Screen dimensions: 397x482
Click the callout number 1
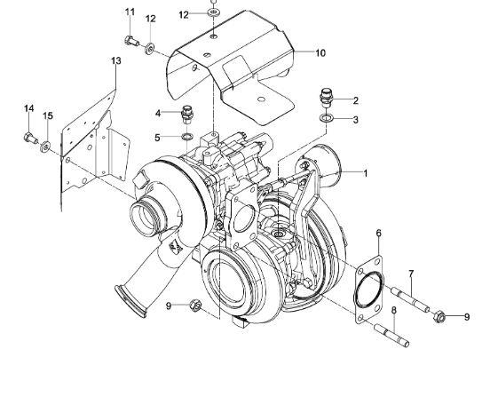pos(363,174)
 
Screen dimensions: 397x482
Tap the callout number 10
pos(320,53)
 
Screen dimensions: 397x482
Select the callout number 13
pos(115,60)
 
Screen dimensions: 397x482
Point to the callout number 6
pos(378,234)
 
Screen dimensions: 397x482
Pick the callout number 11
pos(130,12)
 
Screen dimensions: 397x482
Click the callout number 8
pos(393,309)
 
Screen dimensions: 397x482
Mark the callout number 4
pos(158,113)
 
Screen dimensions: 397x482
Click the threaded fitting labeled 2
pos(325,96)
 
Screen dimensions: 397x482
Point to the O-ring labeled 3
pos(326,118)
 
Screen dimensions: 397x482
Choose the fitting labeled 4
pos(186,115)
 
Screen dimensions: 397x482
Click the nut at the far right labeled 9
pos(439,314)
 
